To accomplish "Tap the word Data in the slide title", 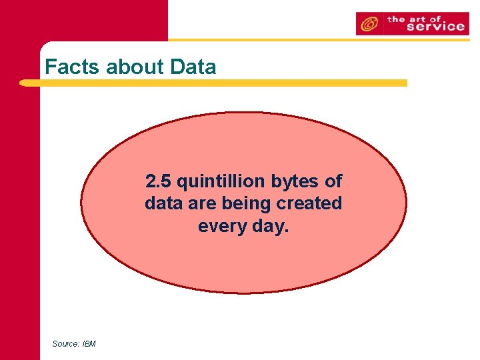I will (x=193, y=67).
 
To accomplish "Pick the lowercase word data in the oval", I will (x=162, y=203).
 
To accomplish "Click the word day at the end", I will (x=271, y=226).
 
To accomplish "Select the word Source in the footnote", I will (x=65, y=344).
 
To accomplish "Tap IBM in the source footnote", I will (x=89, y=344).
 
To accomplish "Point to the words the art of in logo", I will (x=415, y=19).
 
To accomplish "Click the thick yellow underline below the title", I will (x=213, y=83).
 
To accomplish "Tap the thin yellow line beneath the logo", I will (x=320, y=39).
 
